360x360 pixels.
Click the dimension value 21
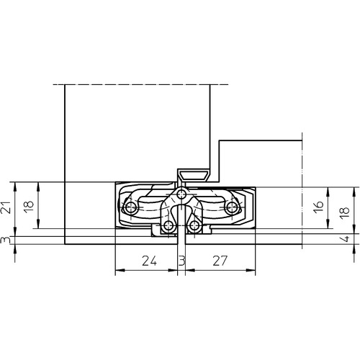point(7,207)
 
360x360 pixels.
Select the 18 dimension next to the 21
point(29,207)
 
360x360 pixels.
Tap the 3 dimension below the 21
point(4,240)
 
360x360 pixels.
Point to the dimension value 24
point(149,261)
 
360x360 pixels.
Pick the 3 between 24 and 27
point(182,261)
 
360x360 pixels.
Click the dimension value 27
point(220,261)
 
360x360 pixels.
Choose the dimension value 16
point(319,207)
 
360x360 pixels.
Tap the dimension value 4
point(346,239)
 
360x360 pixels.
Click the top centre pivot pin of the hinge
point(181,193)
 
